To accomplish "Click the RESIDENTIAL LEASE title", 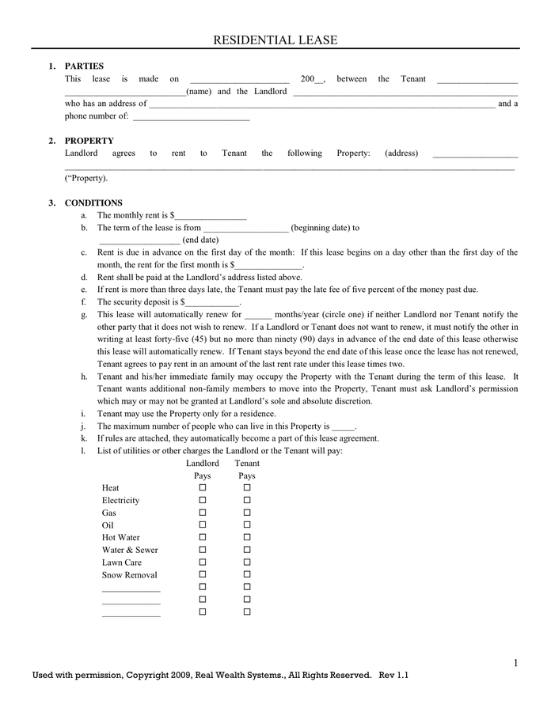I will (x=275, y=40).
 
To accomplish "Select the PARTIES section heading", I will (x=84, y=66).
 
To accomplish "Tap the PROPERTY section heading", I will (x=89, y=141).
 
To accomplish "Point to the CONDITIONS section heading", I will (x=93, y=203).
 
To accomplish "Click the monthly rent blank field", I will (x=211, y=216).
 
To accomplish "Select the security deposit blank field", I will (x=211, y=303).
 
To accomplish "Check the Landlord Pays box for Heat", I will (x=203, y=488).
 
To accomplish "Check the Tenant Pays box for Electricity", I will (x=247, y=501).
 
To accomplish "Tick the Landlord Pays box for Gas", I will (x=203, y=513).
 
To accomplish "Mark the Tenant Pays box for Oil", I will (x=247, y=525).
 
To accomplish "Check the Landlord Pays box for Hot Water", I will (x=203, y=537).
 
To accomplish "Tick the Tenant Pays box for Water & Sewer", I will (x=247, y=550).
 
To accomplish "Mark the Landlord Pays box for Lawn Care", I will (x=203, y=562).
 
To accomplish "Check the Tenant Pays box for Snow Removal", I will (x=247, y=575).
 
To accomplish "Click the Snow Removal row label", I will (x=129, y=575).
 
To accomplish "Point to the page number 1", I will (x=515, y=663).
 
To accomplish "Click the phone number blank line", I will (x=191, y=118).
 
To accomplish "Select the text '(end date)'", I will (x=200, y=240).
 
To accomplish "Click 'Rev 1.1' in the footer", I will (x=394, y=676).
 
